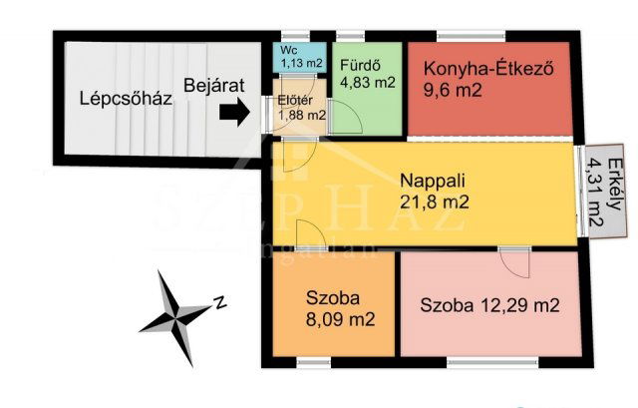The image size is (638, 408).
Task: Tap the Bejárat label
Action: (x=215, y=86)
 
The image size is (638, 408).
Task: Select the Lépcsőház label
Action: (x=127, y=99)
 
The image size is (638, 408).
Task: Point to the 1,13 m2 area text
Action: (x=301, y=64)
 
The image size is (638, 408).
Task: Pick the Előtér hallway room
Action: (x=301, y=108)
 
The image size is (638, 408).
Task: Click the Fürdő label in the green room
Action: (x=358, y=66)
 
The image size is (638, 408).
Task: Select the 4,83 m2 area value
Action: (x=368, y=84)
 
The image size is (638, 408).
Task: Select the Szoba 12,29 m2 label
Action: (x=489, y=305)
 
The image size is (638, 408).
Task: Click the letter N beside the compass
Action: (x=221, y=300)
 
